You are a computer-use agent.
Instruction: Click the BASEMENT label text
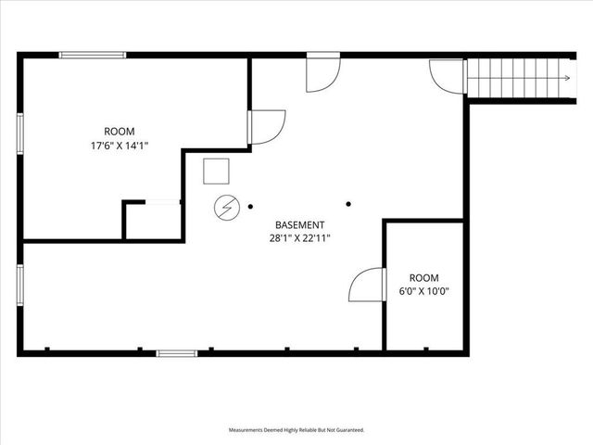pos(299,225)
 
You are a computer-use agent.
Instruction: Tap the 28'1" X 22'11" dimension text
pos(299,238)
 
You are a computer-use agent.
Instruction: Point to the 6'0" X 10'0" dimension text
pos(423,291)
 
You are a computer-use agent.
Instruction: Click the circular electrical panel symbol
pos(225,209)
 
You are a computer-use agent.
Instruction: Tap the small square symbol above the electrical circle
pos(216,172)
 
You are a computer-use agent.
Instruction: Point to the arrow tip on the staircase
pos(568,78)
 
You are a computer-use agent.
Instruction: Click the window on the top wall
pos(93,56)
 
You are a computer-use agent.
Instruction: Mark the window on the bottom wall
pos(176,352)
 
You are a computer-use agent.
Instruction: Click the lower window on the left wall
pos(20,288)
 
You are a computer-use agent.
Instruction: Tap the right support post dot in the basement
pos(348,205)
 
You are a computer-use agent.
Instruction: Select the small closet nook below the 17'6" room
pos(152,221)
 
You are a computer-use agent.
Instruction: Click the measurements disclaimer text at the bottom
pos(296,430)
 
